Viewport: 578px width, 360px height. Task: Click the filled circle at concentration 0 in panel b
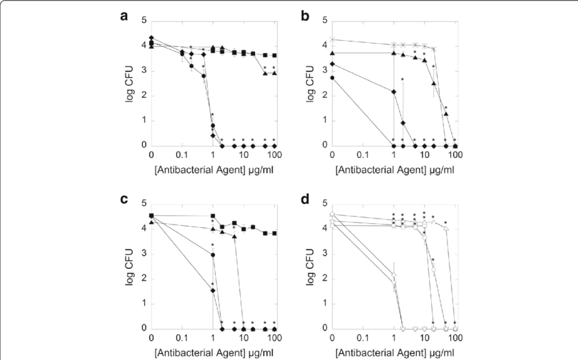[332, 78]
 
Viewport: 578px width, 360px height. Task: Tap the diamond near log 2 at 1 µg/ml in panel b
[393, 91]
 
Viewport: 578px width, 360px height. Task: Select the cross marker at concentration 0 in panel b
[332, 39]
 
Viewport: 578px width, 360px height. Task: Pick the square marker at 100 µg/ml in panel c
[274, 233]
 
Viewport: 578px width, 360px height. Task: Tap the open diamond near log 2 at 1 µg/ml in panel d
[393, 276]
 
